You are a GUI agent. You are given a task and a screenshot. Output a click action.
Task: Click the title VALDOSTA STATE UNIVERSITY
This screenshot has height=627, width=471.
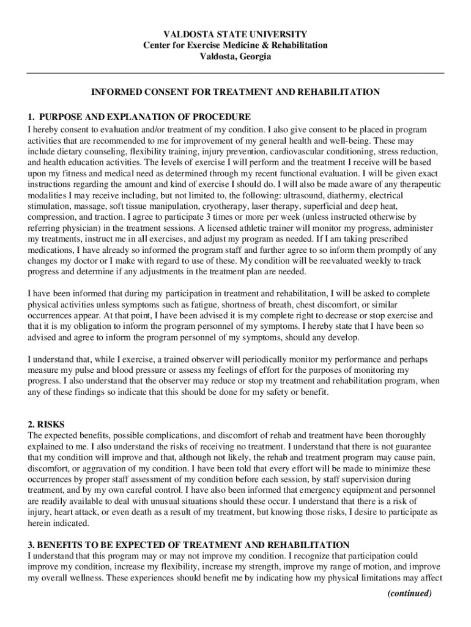click(x=236, y=34)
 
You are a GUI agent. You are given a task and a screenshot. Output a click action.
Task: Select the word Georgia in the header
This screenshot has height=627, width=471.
click(x=253, y=56)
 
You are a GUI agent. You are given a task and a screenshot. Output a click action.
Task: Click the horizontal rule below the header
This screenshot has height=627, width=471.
click(x=236, y=73)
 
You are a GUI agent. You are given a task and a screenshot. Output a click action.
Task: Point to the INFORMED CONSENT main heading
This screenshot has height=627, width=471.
click(x=236, y=92)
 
